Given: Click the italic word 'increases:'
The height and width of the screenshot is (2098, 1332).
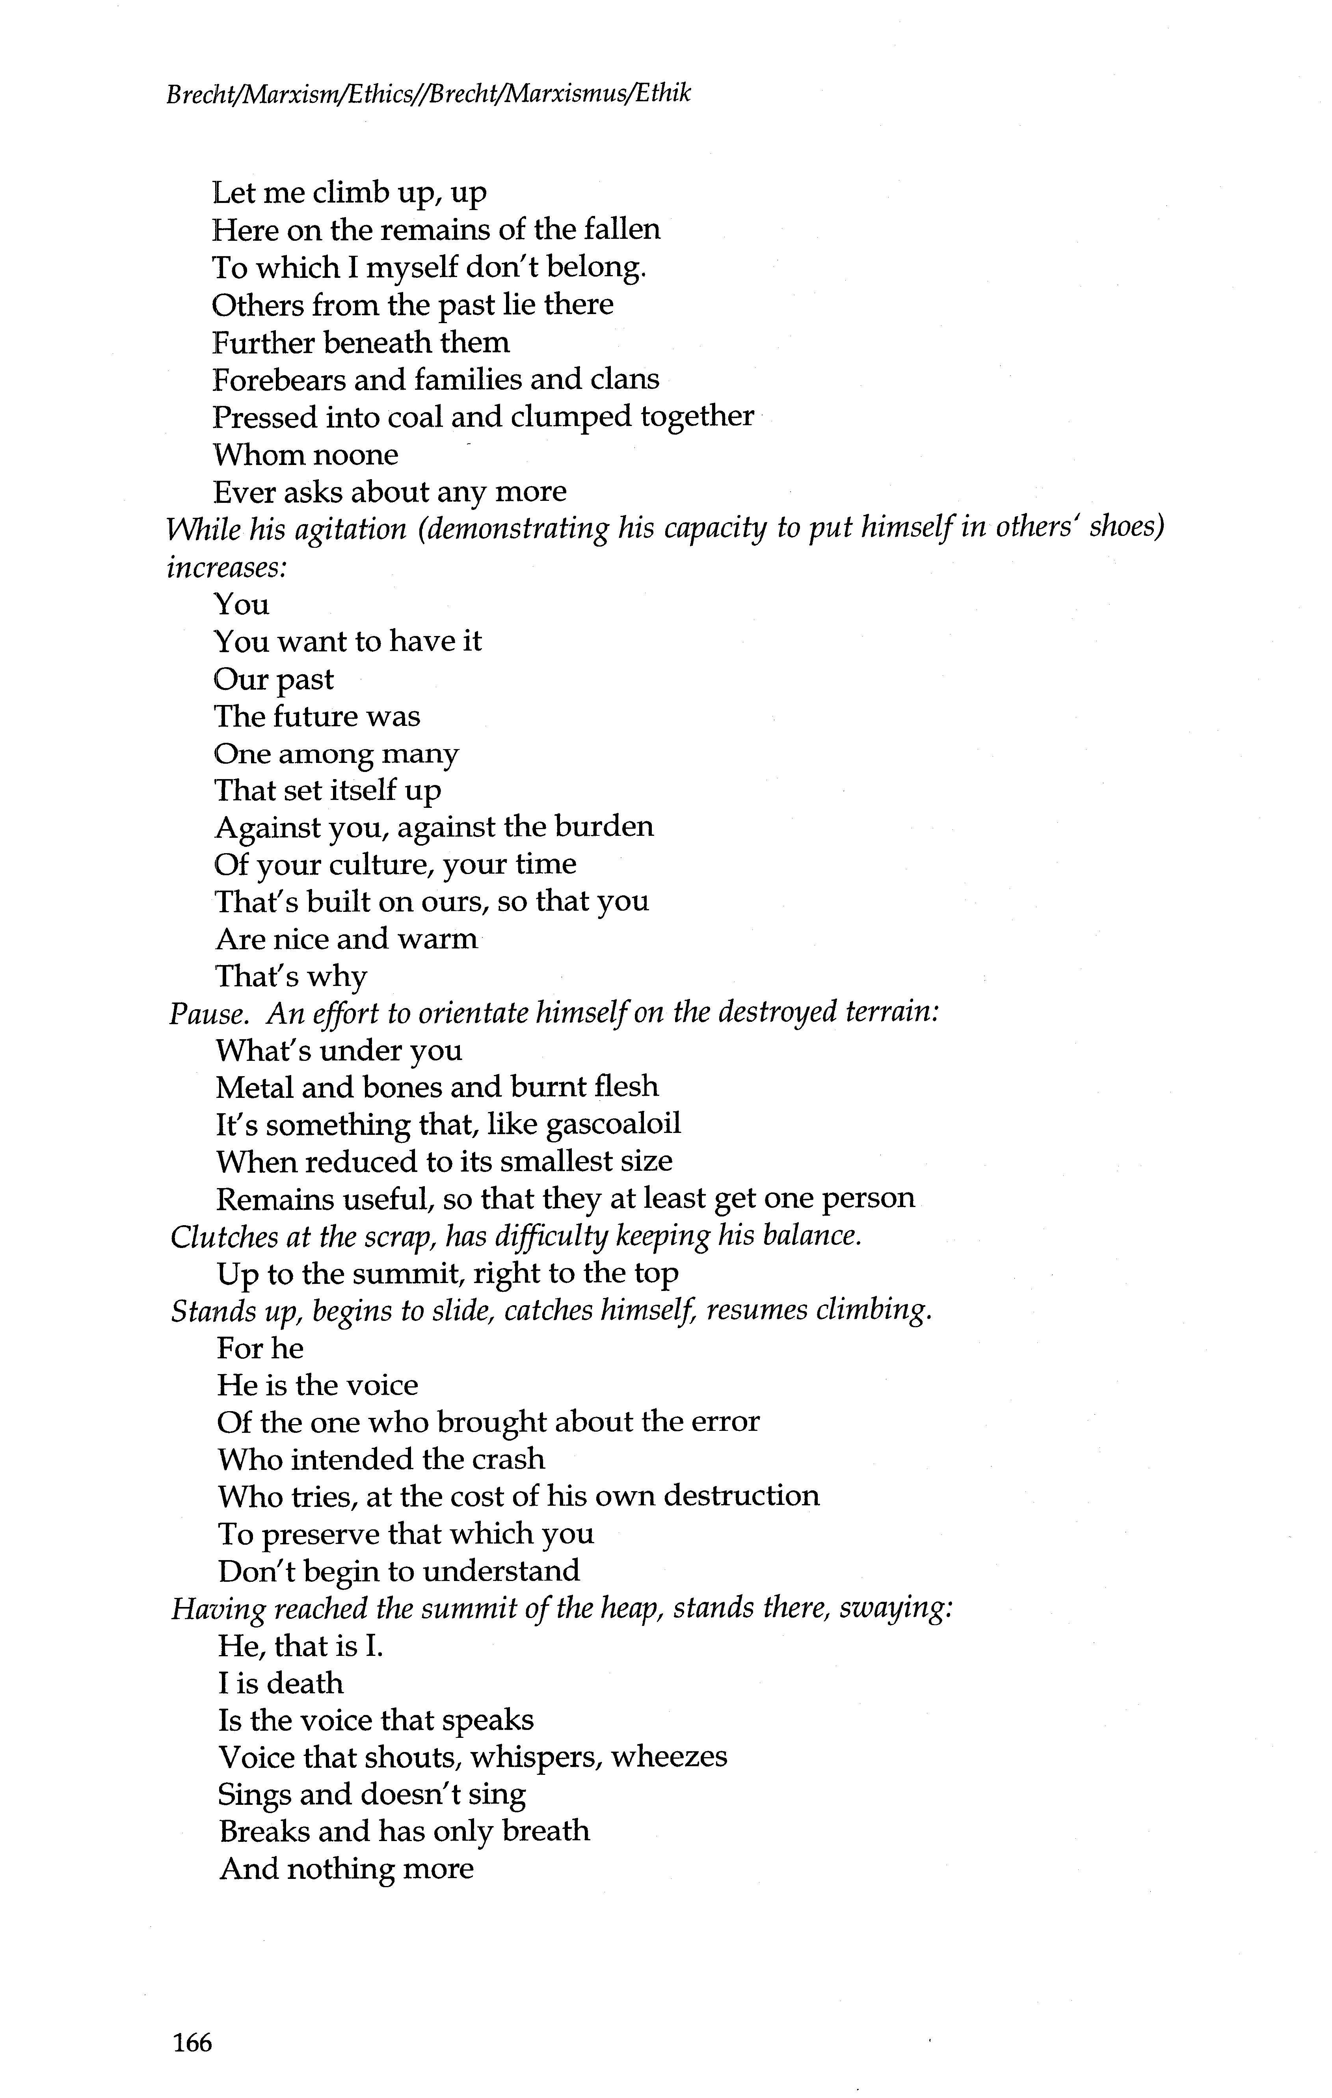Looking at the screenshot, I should (x=227, y=567).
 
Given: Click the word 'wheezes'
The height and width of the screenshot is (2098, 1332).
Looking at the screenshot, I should (x=669, y=1758).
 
